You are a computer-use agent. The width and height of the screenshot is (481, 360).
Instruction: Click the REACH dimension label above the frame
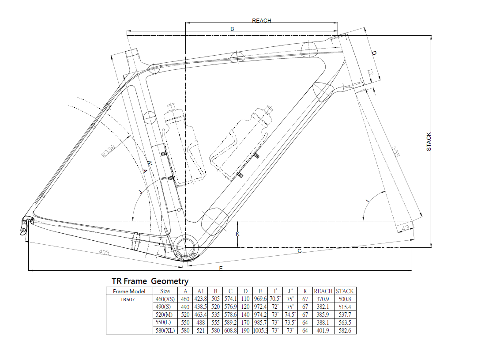(261, 21)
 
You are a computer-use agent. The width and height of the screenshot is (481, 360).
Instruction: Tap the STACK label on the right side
(428, 142)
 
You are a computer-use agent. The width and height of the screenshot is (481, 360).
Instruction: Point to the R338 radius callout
(108, 151)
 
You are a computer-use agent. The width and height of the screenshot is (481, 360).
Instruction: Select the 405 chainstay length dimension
(104, 252)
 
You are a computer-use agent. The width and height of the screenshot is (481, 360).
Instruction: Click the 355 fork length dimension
(395, 152)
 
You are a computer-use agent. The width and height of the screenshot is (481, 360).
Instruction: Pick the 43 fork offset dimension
(405, 228)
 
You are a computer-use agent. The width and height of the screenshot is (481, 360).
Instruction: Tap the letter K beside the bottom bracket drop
(237, 234)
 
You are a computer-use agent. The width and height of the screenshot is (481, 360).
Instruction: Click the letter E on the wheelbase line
(221, 269)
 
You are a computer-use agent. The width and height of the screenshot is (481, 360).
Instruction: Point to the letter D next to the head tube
(374, 53)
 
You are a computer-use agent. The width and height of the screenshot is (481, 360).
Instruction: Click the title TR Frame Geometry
(150, 281)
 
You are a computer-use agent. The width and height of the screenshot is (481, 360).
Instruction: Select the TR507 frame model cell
(127, 299)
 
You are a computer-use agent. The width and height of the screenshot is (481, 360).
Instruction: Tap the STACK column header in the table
(345, 291)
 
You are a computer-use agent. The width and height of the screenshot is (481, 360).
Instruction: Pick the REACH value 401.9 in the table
(323, 330)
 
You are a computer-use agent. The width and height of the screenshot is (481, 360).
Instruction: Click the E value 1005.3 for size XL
(260, 330)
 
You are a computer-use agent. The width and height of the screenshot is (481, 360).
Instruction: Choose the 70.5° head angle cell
(275, 299)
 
